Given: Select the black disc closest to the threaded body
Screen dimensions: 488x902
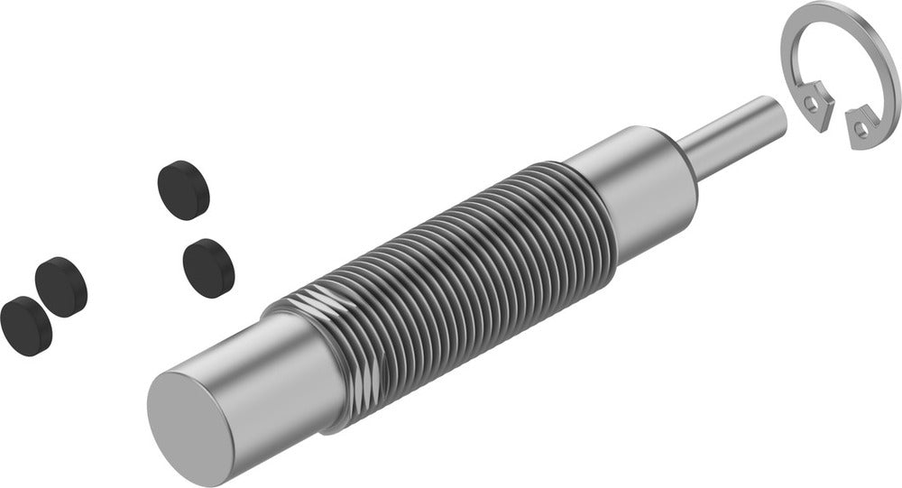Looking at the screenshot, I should click(208, 267).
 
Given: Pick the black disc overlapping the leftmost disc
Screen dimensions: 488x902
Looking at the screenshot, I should click(61, 284).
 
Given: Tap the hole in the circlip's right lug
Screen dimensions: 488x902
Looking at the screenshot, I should click(861, 129).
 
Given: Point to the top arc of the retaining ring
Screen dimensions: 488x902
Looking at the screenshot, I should click(843, 14).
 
